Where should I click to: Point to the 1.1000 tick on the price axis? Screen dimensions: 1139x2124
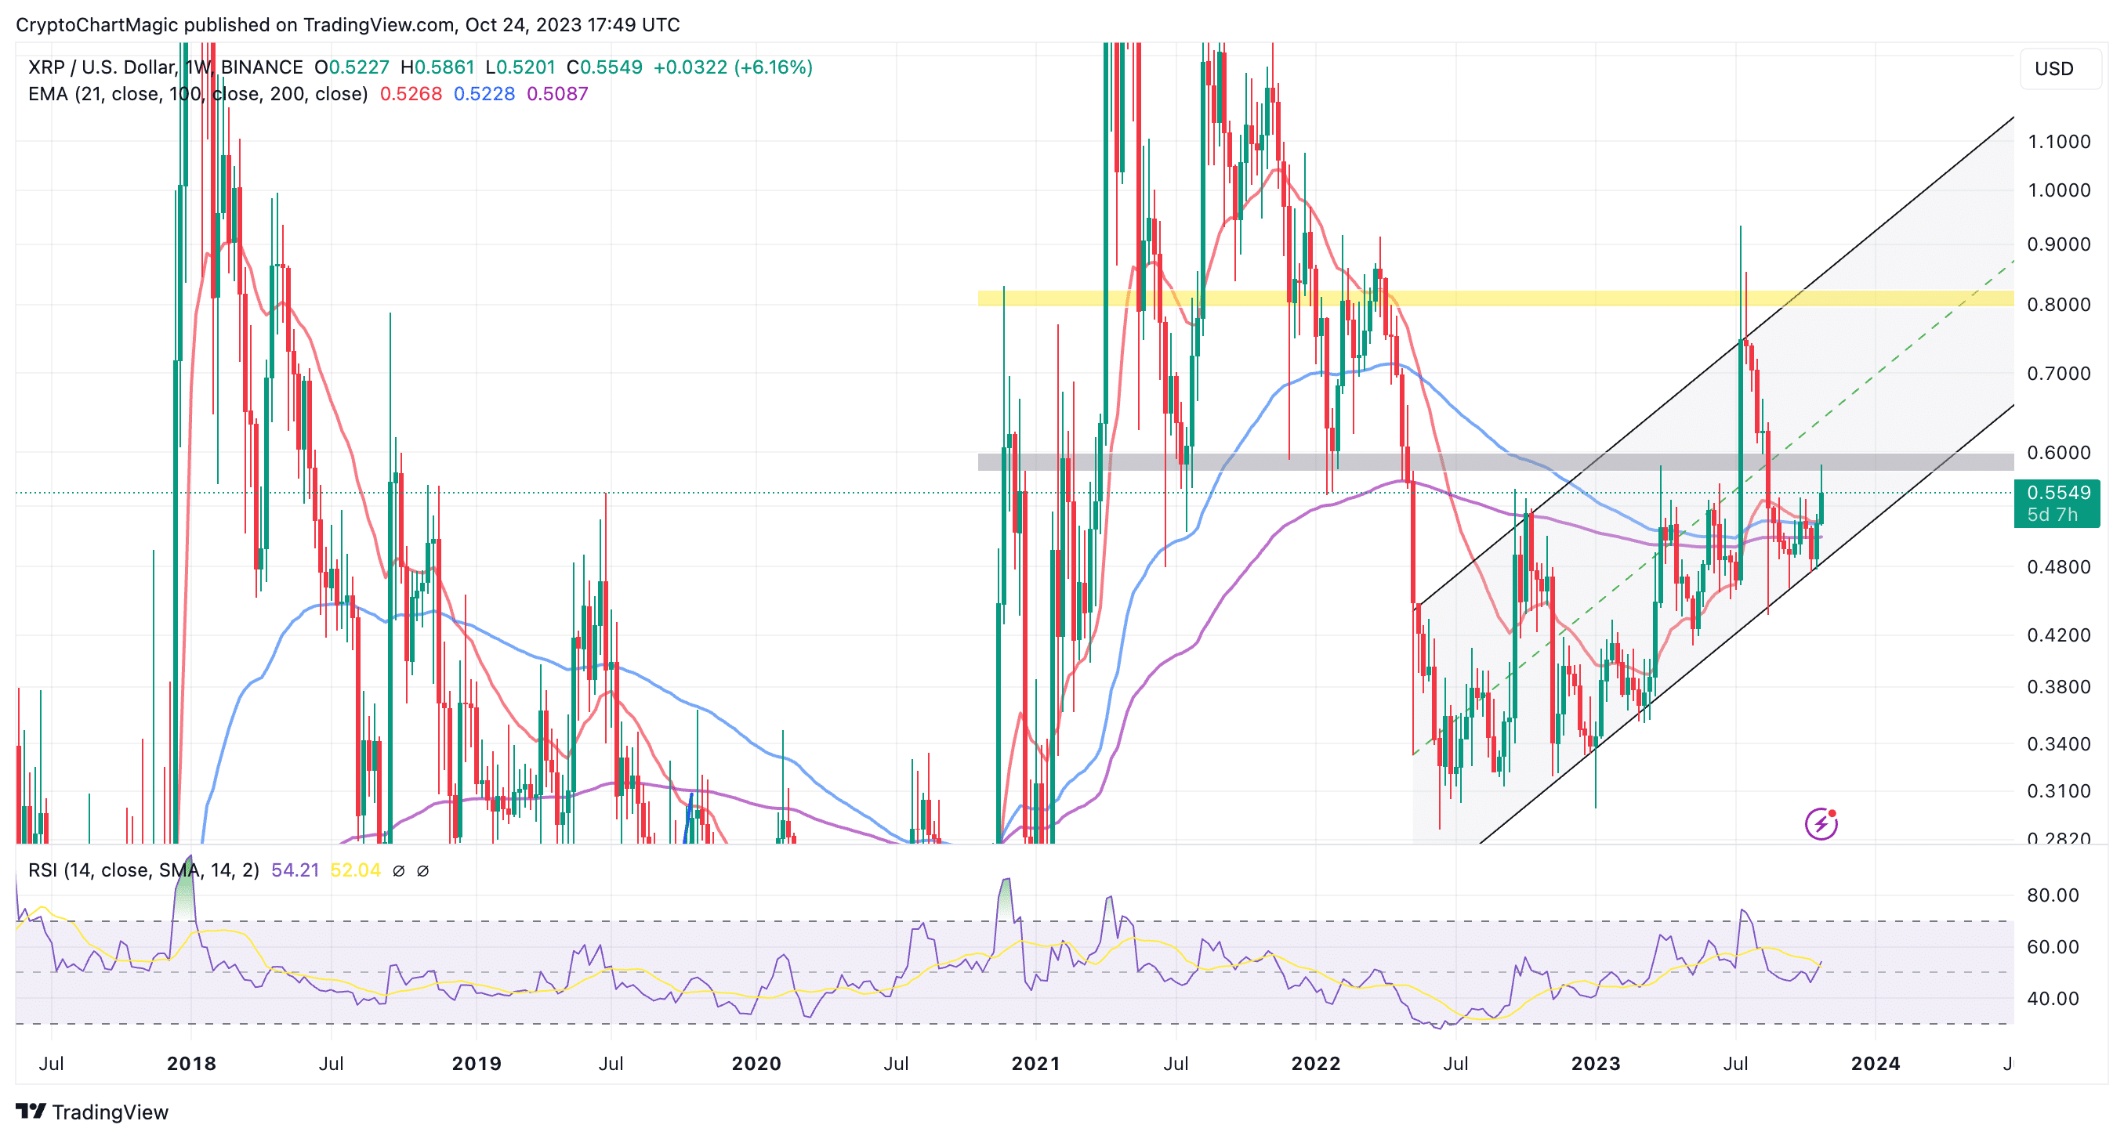(2058, 142)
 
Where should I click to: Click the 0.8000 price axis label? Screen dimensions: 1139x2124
(2058, 305)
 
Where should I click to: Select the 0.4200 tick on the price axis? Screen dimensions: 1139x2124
(2058, 635)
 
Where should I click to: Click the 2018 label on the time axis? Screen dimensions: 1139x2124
(191, 1063)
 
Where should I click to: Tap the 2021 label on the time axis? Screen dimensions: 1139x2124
(1035, 1063)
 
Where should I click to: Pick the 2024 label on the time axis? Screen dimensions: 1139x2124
(1875, 1063)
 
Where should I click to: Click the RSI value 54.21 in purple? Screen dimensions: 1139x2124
(295, 870)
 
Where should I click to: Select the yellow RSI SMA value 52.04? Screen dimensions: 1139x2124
(355, 870)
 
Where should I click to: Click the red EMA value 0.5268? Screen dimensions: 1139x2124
(411, 94)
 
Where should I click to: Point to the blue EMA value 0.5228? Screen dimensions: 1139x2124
(484, 94)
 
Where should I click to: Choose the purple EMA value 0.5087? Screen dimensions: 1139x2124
(557, 94)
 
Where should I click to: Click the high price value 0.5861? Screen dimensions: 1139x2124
(444, 67)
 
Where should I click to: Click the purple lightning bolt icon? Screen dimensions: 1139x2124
(1821, 823)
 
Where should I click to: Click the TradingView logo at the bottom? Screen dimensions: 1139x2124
(92, 1112)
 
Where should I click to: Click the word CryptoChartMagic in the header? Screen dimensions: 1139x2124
(96, 25)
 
